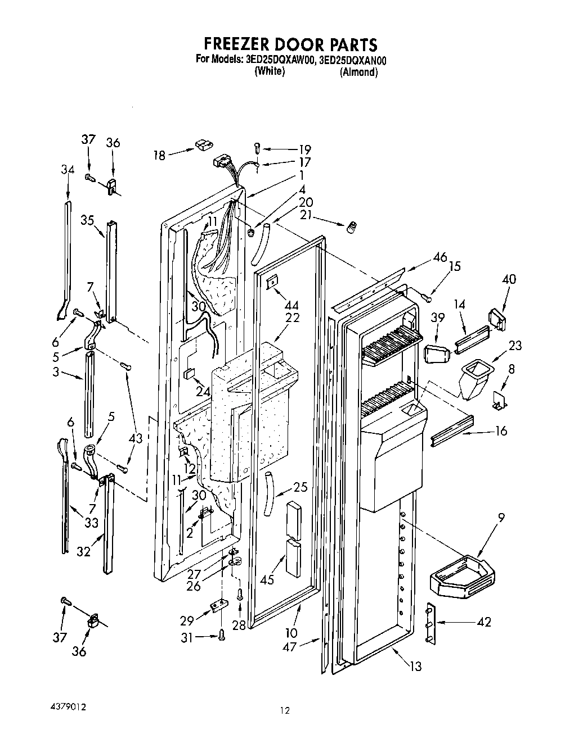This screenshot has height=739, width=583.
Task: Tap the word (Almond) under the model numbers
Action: click(x=358, y=72)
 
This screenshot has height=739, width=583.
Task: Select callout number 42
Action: click(x=483, y=622)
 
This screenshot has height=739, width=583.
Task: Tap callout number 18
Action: click(x=160, y=155)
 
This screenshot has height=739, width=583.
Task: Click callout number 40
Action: click(x=509, y=279)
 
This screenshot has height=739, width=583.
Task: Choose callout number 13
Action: click(x=415, y=667)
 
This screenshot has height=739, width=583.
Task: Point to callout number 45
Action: click(x=267, y=578)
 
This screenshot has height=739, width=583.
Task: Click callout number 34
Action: click(x=68, y=170)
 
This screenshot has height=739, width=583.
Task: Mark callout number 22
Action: click(x=293, y=318)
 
